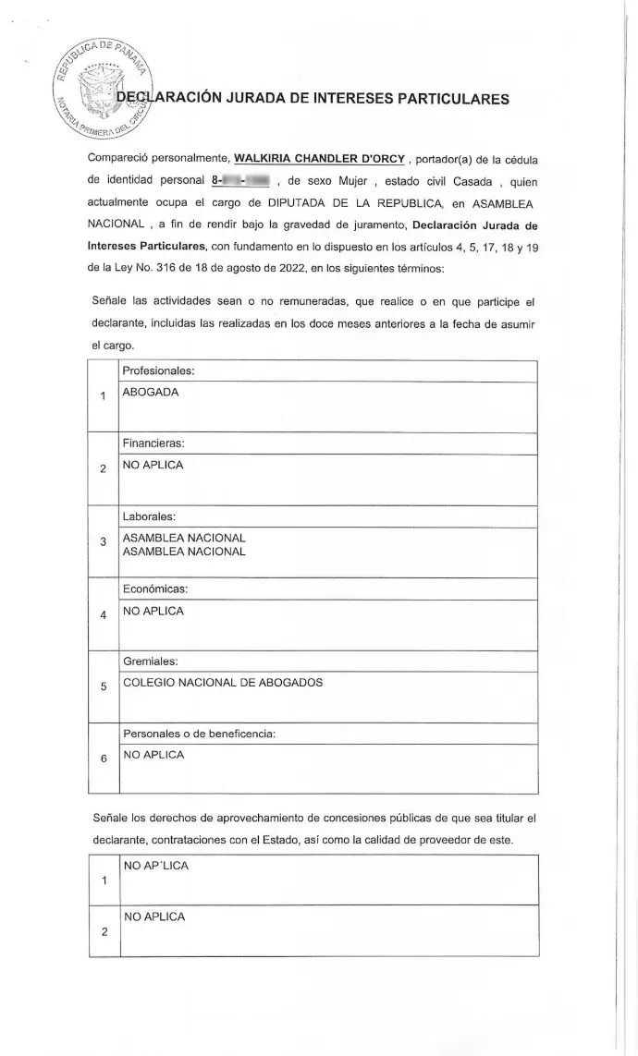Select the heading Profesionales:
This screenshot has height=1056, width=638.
[x=157, y=370]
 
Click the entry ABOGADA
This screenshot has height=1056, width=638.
[x=151, y=392]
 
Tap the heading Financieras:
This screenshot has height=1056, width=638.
[x=153, y=443]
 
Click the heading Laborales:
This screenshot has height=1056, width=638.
[x=150, y=516]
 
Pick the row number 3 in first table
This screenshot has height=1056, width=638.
[x=103, y=541]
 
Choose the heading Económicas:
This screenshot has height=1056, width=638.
[x=155, y=589]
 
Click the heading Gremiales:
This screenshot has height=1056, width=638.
[x=151, y=662]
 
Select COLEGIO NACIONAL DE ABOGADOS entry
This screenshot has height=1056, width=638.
[x=223, y=684]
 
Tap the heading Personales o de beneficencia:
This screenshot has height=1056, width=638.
[x=200, y=734]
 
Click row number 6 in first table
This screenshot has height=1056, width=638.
[x=103, y=759]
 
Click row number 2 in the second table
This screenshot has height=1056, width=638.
[x=103, y=931]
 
